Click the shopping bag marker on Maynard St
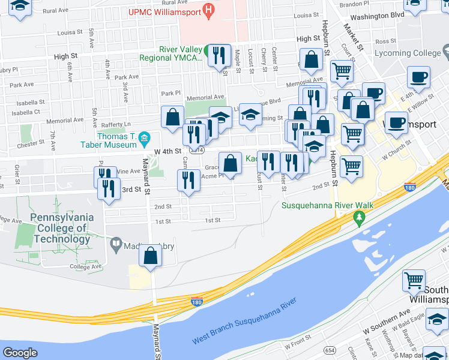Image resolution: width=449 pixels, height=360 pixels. tap(150, 256)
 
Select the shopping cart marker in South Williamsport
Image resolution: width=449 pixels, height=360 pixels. tap(414, 280)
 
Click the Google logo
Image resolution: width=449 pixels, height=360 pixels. tap(20, 353)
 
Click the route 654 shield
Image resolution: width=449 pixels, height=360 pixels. tap(330, 349)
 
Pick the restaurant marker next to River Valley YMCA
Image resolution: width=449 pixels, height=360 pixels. tap(219, 56)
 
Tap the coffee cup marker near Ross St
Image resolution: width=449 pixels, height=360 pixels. tap(418, 77)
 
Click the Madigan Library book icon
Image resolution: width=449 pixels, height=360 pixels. tap(116, 244)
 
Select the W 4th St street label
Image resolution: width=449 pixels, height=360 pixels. tap(167, 152)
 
